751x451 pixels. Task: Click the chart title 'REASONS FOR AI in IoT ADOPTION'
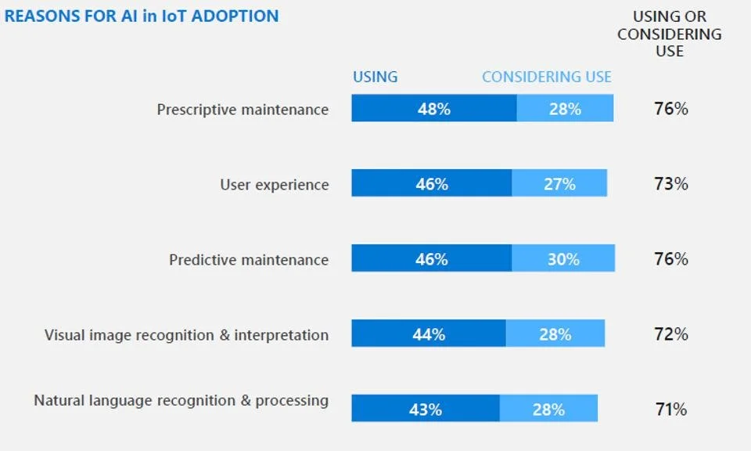pos(142,16)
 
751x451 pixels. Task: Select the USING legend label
pos(375,77)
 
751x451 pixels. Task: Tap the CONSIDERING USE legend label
pos(547,77)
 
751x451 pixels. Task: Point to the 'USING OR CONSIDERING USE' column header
pos(670,34)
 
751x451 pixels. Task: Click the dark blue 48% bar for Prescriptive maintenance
pos(434,109)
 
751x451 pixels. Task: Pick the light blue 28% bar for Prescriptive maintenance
pos(565,109)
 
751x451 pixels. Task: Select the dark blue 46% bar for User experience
pos(432,184)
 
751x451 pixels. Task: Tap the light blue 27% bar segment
pos(559,184)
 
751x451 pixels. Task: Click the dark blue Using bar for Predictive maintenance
pos(432,259)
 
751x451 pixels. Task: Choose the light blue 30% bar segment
pos(563,259)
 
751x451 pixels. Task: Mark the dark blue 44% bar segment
pos(429,334)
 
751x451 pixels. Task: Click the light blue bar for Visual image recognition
pos(555,334)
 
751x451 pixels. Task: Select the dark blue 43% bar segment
pos(426,409)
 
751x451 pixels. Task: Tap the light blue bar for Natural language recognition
pos(548,409)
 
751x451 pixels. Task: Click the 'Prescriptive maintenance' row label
pos(243,110)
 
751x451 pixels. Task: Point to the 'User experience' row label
pos(275,185)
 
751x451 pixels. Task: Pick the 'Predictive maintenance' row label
pos(249,260)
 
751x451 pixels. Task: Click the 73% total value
pos(671,184)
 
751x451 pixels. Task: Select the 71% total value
pos(671,409)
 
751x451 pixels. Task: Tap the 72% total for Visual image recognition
pos(671,334)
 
